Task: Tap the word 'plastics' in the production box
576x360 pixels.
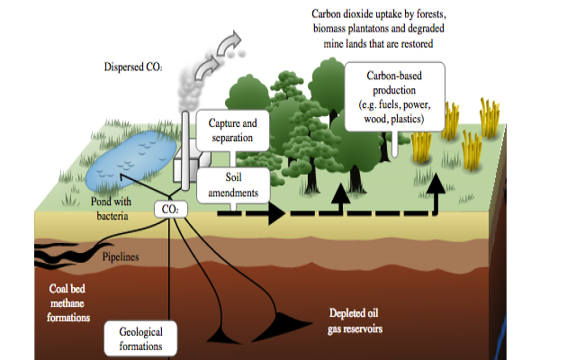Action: point(414,119)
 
